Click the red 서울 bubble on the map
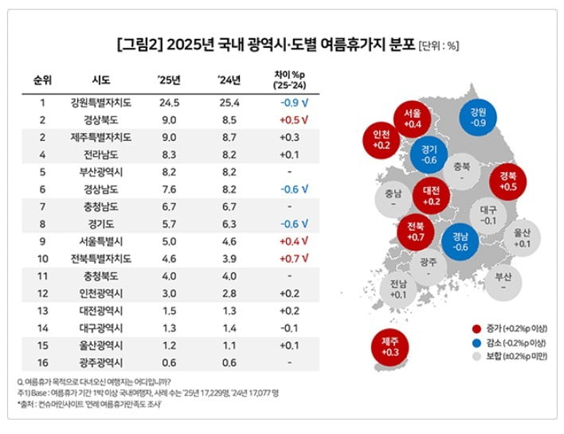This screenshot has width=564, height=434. pyautogui.click(x=412, y=119)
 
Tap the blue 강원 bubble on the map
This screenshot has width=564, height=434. pyautogui.click(x=478, y=117)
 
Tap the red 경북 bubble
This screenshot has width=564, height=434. pyautogui.click(x=507, y=180)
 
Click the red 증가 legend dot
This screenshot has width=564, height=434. pyautogui.click(x=476, y=327)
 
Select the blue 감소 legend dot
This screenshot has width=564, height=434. pyautogui.click(x=476, y=341)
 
